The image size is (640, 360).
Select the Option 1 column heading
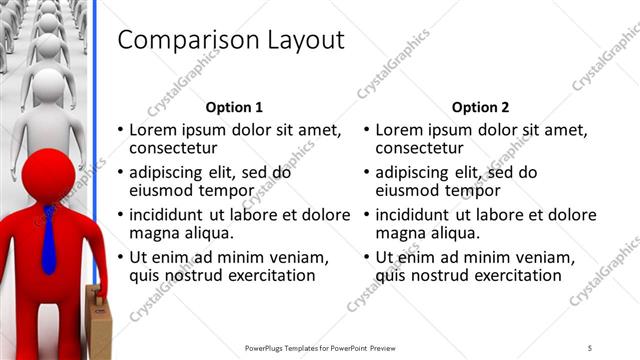click(234, 107)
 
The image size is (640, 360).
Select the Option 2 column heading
click(480, 107)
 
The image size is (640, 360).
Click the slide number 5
click(590, 348)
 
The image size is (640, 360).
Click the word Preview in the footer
click(389, 348)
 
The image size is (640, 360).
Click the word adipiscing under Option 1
click(172, 172)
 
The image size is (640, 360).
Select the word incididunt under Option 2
click(423, 215)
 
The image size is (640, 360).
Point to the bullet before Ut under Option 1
click(121, 258)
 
